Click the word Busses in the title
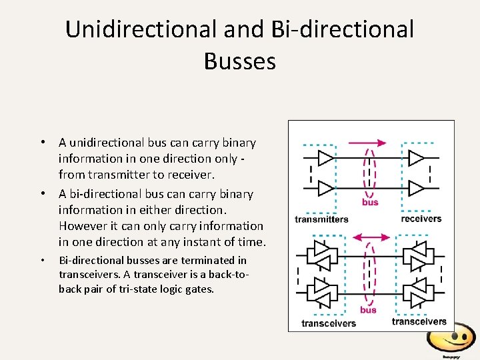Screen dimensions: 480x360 click(240, 61)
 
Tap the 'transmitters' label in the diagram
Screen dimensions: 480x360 click(321, 219)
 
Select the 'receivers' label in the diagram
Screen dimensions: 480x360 click(421, 218)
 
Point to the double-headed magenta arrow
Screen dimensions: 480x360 click(370, 237)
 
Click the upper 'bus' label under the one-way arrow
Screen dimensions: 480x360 click(370, 202)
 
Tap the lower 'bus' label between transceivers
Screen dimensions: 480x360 click(368, 309)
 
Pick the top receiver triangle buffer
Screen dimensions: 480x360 click(416, 158)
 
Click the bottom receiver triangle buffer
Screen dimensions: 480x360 click(416, 189)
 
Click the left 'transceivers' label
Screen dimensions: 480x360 click(329, 323)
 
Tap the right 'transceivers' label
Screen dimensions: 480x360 click(419, 321)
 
